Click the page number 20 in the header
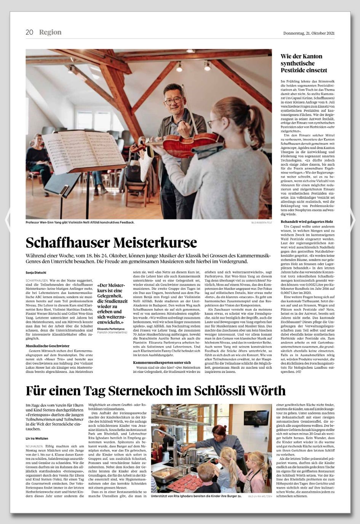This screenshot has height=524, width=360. point(29,32)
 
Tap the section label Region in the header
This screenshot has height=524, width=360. point(50,32)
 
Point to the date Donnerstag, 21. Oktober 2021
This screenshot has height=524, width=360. point(309,33)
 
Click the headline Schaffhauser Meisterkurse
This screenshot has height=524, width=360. point(111,243)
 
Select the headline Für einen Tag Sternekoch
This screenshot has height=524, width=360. point(155,391)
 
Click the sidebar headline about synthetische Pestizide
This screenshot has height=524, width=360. point(301,64)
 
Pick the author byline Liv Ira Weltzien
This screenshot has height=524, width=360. point(37,439)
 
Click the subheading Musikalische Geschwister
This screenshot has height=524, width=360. point(48,346)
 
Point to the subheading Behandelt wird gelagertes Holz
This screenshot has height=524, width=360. point(307,221)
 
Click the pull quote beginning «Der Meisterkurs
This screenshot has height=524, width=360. point(111,303)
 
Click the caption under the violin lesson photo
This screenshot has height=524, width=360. point(80,222)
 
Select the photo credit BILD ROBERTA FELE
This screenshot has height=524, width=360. point(261,222)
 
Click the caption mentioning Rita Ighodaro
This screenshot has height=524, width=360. point(196,496)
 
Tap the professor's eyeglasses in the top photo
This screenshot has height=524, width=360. point(173,101)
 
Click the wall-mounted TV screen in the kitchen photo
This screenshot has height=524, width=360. point(256,418)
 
